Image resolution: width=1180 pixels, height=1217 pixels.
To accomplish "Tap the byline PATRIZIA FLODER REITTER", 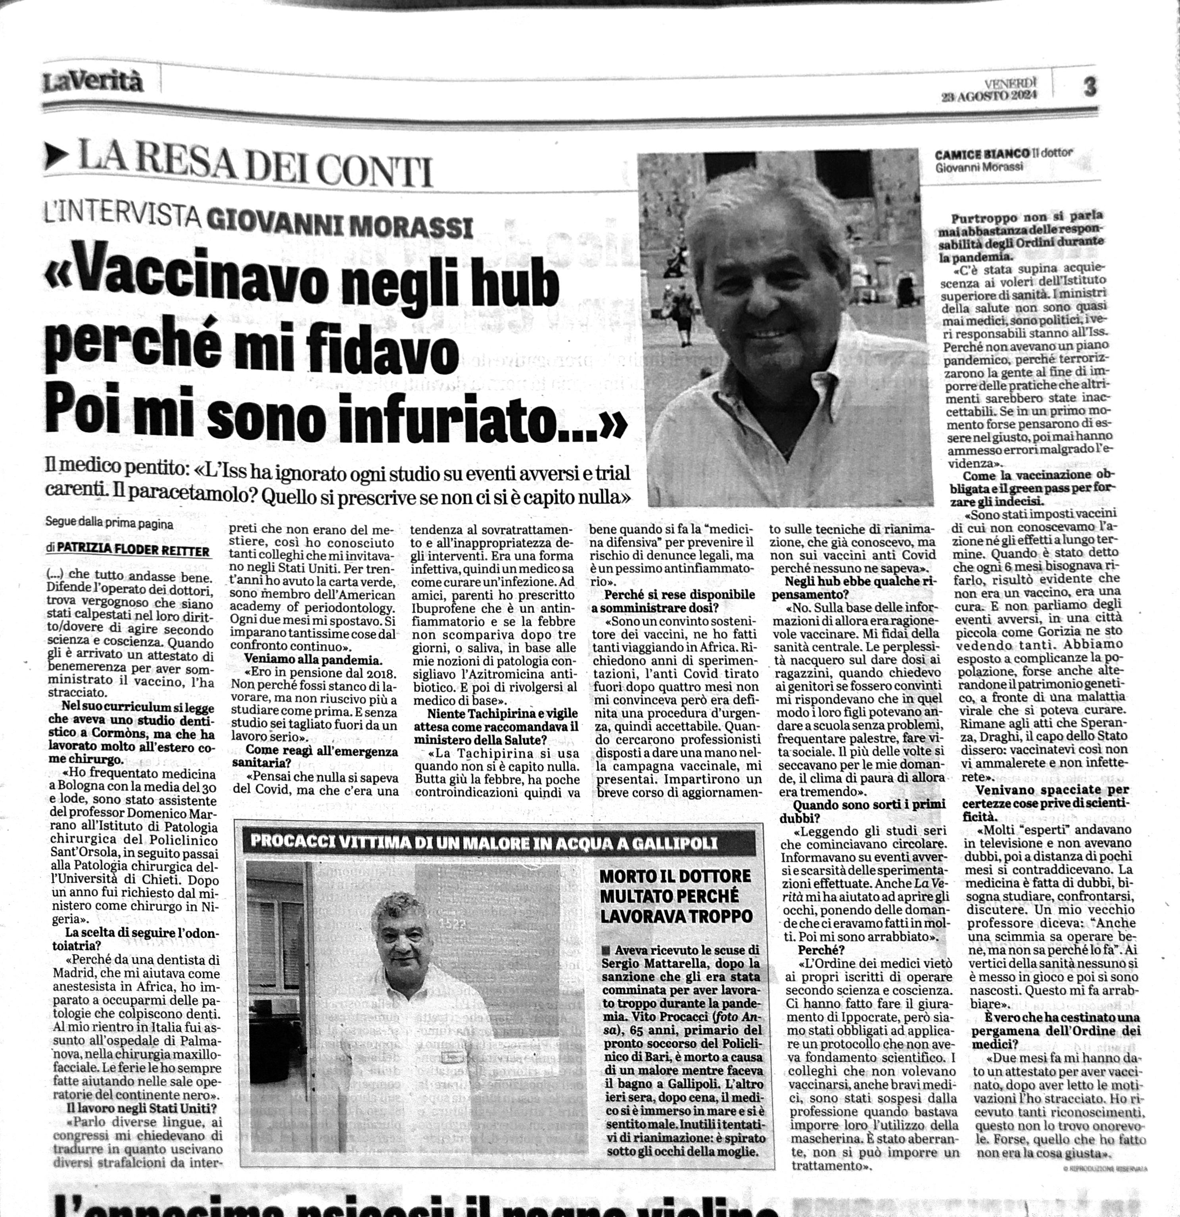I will tap(133, 551).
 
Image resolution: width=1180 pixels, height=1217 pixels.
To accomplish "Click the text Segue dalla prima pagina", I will tap(109, 524).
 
